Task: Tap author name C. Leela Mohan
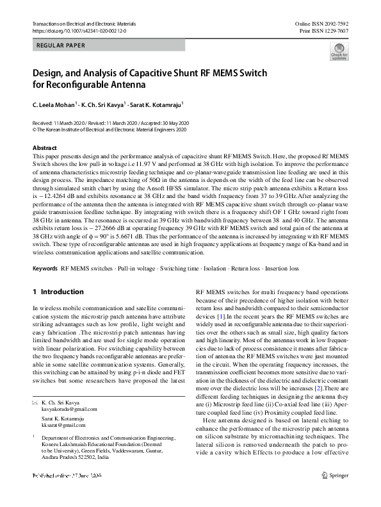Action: click(x=54, y=103)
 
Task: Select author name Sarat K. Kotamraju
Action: click(x=156, y=103)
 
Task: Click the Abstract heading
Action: click(x=45, y=148)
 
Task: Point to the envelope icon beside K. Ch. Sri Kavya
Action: click(x=35, y=402)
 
